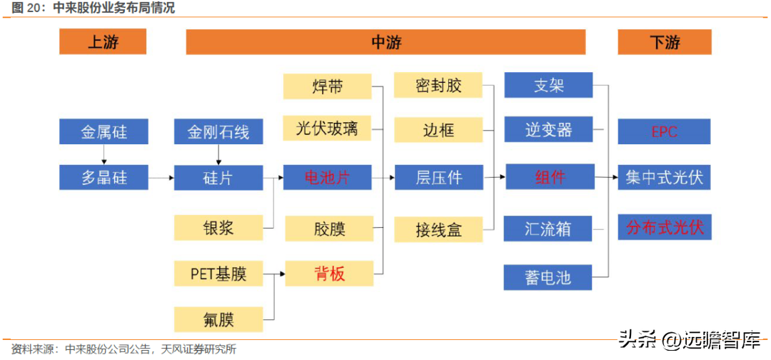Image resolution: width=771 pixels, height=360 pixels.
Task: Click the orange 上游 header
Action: point(103,42)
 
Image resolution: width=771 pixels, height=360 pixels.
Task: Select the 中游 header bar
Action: point(385,42)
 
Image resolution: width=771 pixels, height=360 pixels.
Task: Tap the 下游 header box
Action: point(665,42)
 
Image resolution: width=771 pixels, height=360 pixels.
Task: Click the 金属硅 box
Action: point(104,131)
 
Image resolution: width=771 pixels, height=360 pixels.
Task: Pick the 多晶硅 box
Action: point(104,178)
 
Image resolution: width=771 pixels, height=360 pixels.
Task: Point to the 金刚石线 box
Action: point(218,131)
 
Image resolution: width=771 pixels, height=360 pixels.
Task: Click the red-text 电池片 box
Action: point(328,178)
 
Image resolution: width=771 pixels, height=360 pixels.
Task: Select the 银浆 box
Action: point(218,228)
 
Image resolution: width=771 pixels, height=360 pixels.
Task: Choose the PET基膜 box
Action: point(218,274)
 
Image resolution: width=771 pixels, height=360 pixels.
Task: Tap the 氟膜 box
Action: point(218,319)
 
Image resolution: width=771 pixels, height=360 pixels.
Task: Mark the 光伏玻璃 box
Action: point(328,129)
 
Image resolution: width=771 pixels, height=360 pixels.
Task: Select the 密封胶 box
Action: point(438,86)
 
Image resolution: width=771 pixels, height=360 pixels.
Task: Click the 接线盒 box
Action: point(438,230)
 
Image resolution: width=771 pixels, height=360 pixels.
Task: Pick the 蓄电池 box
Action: point(548,277)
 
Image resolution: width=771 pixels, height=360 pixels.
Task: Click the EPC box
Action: point(665,131)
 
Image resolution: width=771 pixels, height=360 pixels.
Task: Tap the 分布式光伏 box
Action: point(665,227)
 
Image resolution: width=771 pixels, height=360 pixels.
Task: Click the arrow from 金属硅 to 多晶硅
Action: point(104,154)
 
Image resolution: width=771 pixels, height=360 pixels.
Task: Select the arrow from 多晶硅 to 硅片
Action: point(161,178)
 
